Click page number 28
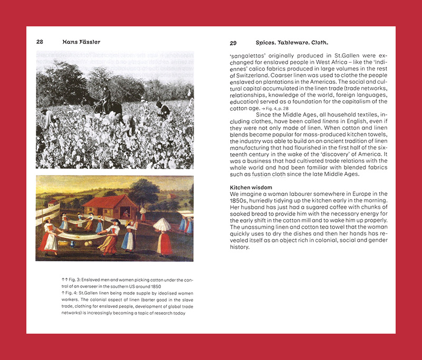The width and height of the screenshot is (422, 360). click(x=40, y=42)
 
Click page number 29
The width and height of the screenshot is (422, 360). click(x=233, y=42)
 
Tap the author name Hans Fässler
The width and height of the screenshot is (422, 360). click(x=81, y=42)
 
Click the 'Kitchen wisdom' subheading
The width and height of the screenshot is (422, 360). click(x=251, y=187)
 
